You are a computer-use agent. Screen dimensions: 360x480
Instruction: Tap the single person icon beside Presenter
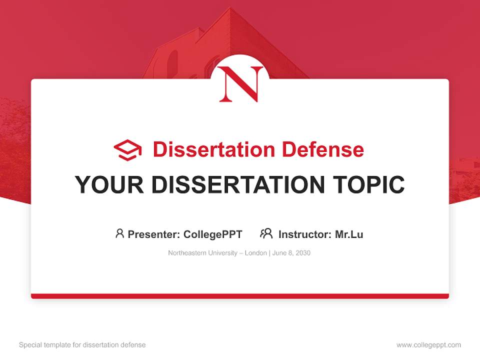click(119, 233)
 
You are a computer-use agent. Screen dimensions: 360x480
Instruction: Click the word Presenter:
click(154, 234)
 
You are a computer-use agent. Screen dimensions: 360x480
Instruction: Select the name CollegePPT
click(213, 234)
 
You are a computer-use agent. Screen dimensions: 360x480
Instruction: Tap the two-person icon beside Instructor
click(266, 233)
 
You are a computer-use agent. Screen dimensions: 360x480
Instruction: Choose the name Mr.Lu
click(349, 234)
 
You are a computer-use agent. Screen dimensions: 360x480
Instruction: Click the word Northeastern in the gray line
click(186, 253)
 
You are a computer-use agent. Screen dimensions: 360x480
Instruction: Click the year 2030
click(302, 253)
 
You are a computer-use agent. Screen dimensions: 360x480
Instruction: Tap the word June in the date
click(279, 253)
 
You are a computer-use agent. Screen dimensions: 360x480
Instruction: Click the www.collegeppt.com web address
click(428, 345)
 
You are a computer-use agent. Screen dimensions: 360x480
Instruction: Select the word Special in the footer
click(30, 345)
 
